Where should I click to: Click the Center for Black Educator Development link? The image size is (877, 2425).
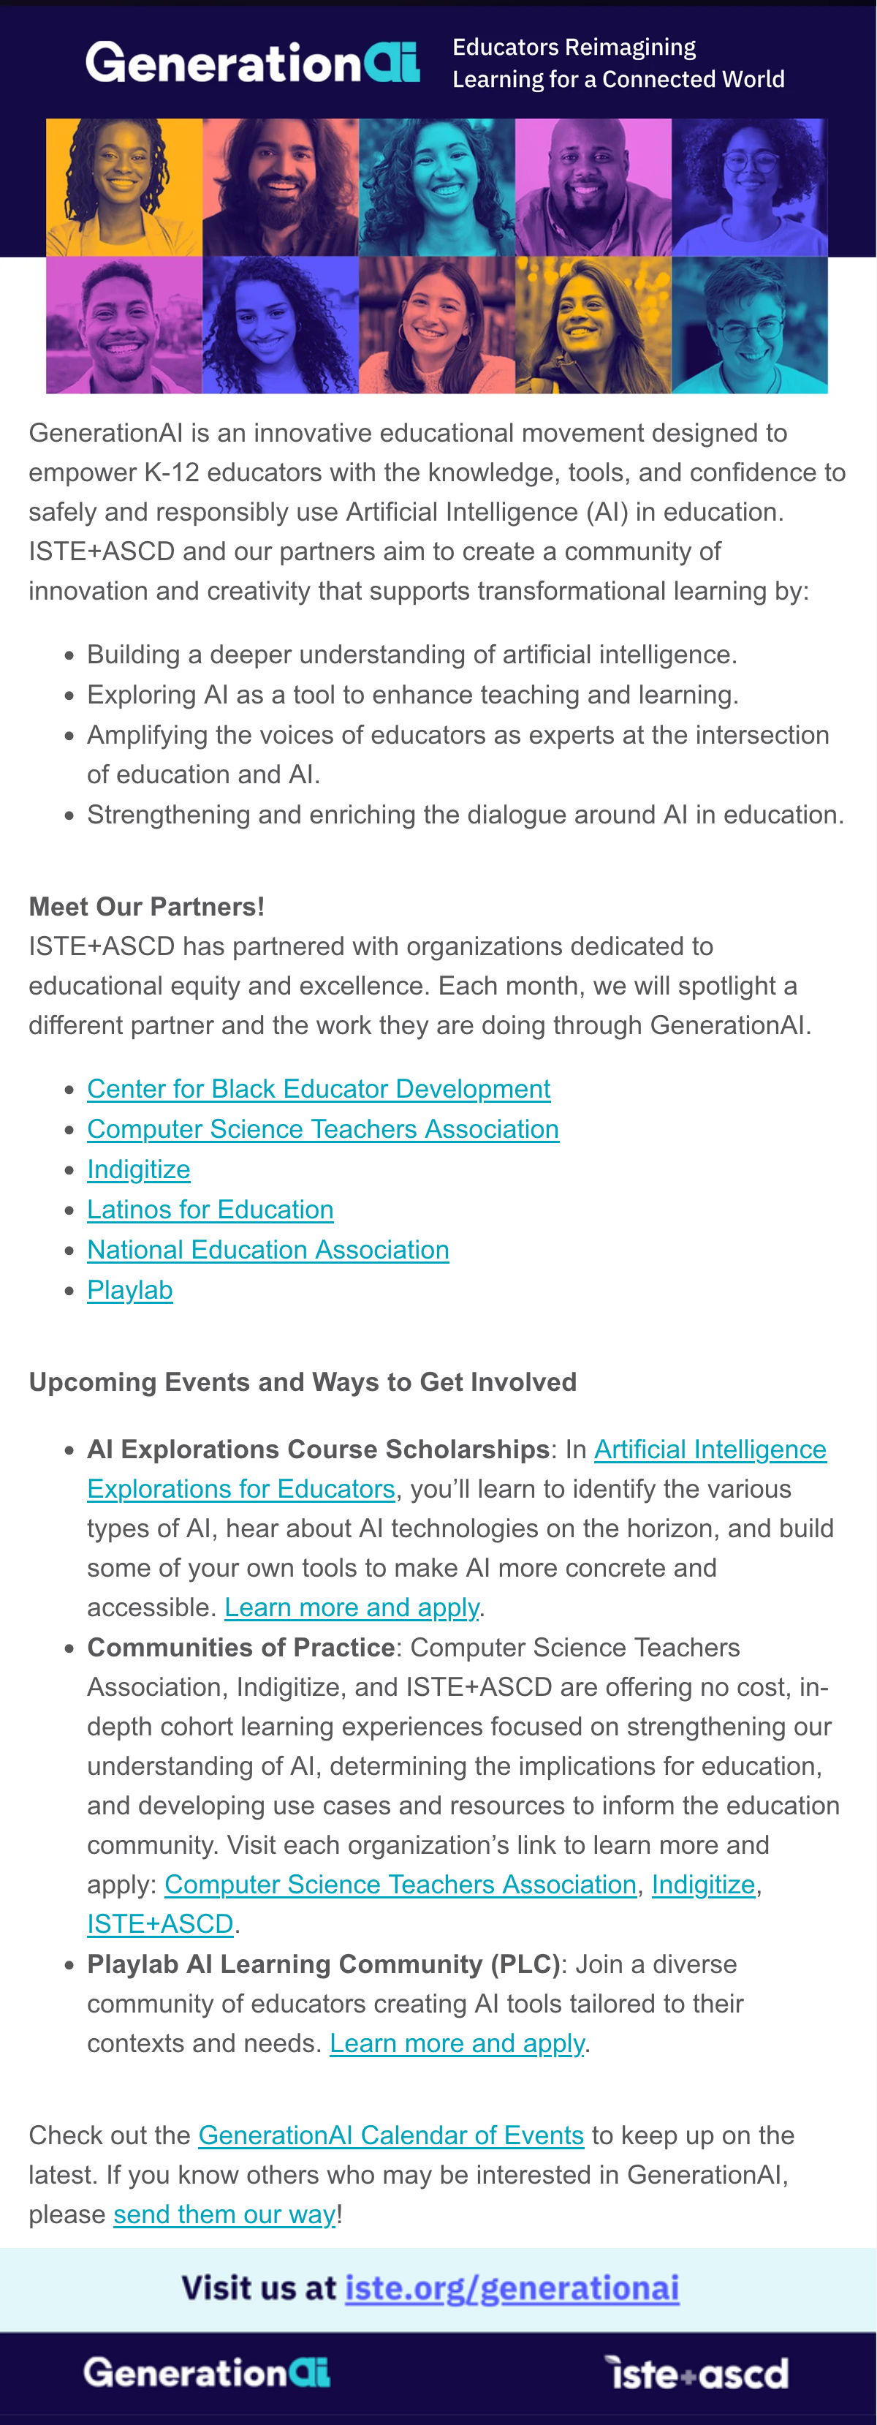tap(318, 1088)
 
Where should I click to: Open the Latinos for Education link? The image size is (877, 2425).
tap(210, 1209)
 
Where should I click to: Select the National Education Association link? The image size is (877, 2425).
tap(267, 1249)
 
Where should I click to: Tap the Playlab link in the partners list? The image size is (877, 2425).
tap(130, 1290)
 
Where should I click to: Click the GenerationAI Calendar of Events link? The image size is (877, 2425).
tap(390, 2135)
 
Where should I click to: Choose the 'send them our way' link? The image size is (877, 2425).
tap(224, 2214)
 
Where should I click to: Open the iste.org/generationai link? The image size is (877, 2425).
tap(512, 2288)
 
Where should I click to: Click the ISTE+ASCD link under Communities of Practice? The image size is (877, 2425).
tap(160, 1923)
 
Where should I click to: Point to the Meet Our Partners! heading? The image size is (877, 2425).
tap(147, 907)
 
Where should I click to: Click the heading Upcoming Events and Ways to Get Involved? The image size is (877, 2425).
tap(302, 1382)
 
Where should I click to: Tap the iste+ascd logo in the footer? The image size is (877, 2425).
tap(696, 2373)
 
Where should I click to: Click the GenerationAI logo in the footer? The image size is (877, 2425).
tap(207, 2372)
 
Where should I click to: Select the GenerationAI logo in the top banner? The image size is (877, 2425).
tap(252, 63)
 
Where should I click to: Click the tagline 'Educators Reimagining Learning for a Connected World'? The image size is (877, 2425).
tap(618, 63)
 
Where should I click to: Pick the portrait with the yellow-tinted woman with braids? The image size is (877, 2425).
tap(124, 187)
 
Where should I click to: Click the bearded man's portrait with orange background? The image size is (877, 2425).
tap(281, 187)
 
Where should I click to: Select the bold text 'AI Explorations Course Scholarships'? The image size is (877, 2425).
tap(318, 1449)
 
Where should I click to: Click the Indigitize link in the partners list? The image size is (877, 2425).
tap(138, 1169)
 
